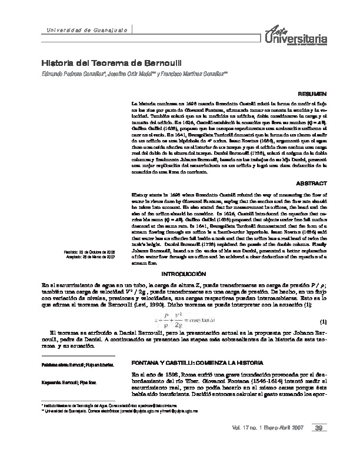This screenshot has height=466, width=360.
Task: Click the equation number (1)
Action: pyautogui.click(x=322, y=321)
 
